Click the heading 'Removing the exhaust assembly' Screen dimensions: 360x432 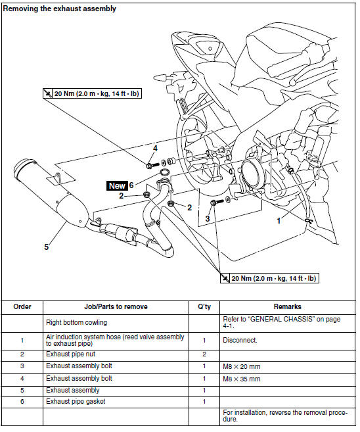click(59, 9)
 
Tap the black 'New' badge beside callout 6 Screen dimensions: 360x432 click(117, 185)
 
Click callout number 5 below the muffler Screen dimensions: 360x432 click(47, 247)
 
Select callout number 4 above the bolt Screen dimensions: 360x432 click(155, 149)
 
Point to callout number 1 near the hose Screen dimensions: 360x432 click(279, 221)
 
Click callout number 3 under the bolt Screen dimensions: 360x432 click(208, 219)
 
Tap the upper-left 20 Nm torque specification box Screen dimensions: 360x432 click(92, 93)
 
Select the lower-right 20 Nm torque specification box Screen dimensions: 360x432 click(270, 278)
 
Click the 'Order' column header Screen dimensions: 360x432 click(22, 306)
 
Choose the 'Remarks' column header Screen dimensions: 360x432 click(288, 306)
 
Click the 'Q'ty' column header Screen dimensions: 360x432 click(204, 306)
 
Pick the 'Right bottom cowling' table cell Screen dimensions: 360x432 click(76, 322)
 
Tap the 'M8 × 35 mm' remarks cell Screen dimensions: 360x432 click(242, 379)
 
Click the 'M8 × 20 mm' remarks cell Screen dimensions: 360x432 click(242, 367)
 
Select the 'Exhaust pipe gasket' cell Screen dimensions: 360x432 click(76, 401)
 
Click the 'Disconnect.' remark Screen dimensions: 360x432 click(240, 340)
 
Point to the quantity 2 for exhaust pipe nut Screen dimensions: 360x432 click(204, 354)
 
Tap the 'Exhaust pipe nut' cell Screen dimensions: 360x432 click(71, 354)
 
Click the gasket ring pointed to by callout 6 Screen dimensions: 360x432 click(164, 173)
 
